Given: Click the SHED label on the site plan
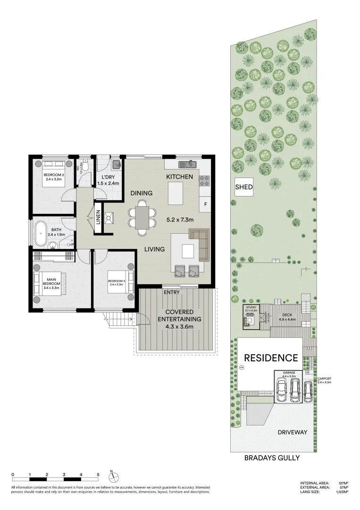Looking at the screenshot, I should pos(244,187).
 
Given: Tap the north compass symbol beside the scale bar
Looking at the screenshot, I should pos(112,475).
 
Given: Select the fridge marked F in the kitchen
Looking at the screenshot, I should pos(205,204).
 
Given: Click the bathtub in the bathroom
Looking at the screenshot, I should pos(39,233).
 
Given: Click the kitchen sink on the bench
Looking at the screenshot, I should pos(187,164).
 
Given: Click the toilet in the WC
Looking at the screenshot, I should pos(86,166).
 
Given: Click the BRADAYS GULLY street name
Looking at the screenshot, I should pos(272,458).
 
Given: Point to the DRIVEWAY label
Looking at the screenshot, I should pos(292,432).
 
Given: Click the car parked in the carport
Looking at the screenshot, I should pos(308,391).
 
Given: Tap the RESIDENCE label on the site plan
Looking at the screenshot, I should pos(270,357).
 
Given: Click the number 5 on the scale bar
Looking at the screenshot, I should pos(98,474).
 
